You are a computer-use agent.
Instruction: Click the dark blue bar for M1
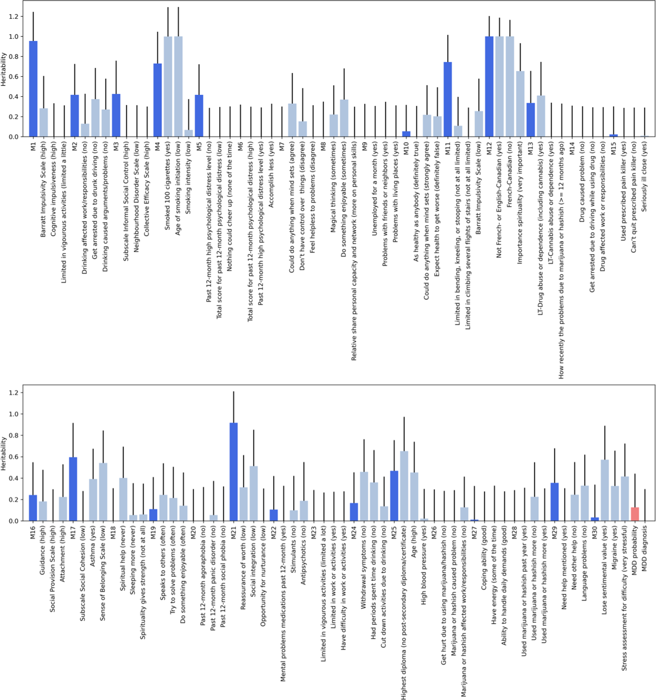33,89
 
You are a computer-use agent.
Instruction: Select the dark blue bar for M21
233,472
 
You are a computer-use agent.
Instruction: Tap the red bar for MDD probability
635,514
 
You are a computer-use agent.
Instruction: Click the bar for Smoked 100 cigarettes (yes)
168,86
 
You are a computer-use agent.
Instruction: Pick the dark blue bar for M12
489,86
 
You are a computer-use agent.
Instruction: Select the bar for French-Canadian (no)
510,86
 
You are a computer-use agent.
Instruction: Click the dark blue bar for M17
73,489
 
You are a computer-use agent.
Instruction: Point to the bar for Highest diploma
404,486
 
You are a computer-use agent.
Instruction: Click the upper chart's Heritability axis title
4,69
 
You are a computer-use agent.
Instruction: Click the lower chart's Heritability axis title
4,454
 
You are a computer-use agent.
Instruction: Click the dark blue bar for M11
447,99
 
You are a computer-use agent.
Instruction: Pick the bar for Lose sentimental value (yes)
605,490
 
